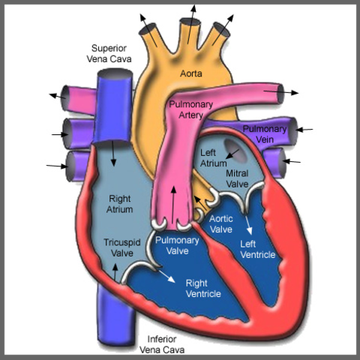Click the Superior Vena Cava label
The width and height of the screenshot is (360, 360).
tap(109, 53)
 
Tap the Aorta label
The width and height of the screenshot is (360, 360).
tap(191, 73)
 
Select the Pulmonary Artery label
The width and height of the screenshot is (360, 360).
tap(190, 109)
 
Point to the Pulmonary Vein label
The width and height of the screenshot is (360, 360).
tap(265, 134)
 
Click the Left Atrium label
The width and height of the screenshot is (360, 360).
tap(213, 158)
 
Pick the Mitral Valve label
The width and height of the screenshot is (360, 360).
tap(237, 178)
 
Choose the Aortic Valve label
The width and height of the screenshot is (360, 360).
tap(221, 224)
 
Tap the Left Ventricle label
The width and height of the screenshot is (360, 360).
tap(257, 250)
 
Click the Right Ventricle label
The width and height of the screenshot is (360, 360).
tap(203, 289)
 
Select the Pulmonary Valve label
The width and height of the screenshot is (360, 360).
tap(177, 245)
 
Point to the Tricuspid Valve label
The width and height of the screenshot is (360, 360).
tap(122, 247)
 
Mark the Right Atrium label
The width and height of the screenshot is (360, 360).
tap(119, 204)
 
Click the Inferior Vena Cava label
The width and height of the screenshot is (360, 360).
tap(162, 344)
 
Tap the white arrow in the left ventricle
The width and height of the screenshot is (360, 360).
tap(248, 225)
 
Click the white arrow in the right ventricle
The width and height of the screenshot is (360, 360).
tap(166, 276)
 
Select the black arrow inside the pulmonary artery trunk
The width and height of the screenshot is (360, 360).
tap(173, 205)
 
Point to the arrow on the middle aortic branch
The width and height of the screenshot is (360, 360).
tap(192, 24)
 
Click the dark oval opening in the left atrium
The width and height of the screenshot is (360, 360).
tap(235, 150)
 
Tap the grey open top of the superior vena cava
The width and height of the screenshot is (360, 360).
tap(115, 74)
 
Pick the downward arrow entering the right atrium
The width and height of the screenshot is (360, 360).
tap(113, 154)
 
